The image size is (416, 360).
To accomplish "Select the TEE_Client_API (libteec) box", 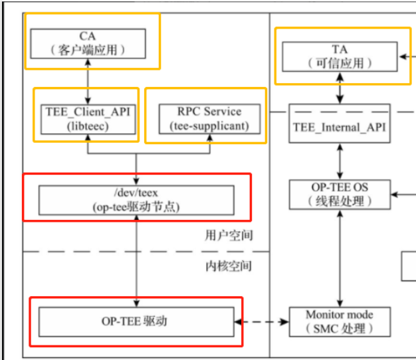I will (x=86, y=118).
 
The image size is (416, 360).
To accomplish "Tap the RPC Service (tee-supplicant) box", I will (x=205, y=118).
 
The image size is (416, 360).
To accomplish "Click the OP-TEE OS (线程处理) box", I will (x=340, y=194).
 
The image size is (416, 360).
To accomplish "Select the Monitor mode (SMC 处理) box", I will (x=340, y=321).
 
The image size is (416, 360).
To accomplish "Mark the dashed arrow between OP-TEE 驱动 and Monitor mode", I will (x=262, y=322).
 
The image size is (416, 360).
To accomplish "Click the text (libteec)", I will (x=86, y=125).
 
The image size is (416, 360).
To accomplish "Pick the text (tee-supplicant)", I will (x=205, y=125).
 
